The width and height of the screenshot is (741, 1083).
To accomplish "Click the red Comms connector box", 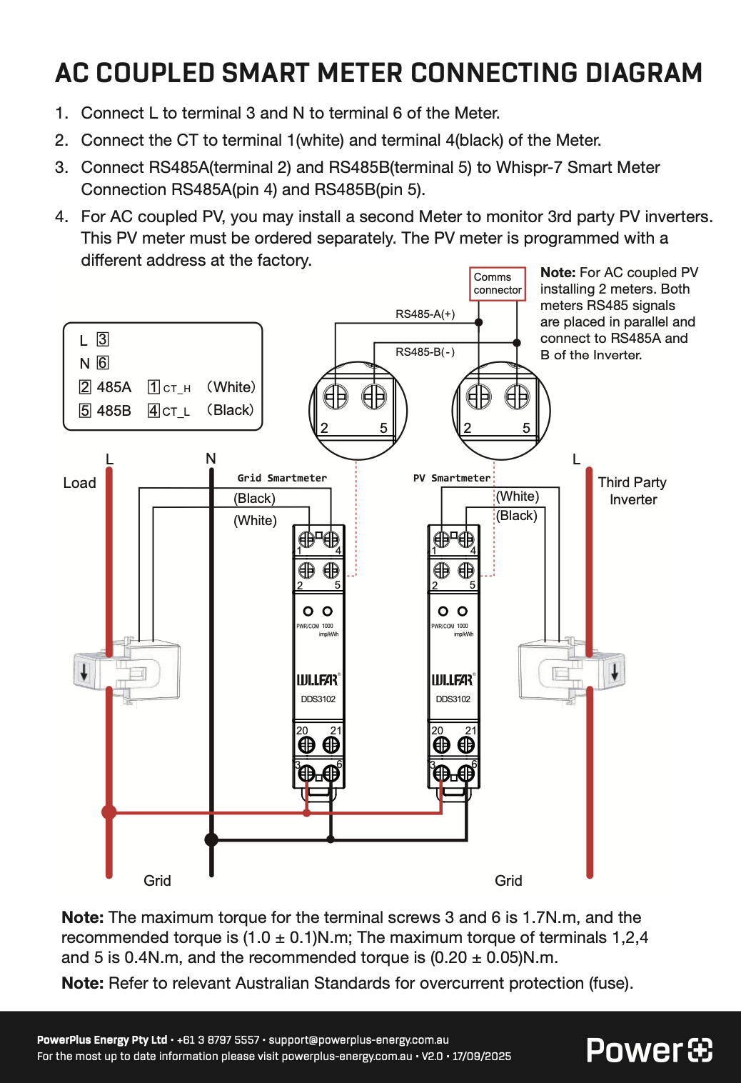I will tap(498, 284).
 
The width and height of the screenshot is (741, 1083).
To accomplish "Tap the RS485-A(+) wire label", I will tap(425, 314).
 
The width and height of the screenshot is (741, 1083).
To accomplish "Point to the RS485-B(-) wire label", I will tap(425, 351).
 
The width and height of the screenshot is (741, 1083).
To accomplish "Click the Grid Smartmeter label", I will tap(282, 478).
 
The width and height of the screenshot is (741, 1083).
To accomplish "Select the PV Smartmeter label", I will tap(452, 478).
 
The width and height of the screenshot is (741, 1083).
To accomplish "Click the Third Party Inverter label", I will tap(632, 491).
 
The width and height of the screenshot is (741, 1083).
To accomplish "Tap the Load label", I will tap(79, 483).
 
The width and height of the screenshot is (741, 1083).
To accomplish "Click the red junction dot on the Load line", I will tap(109, 812).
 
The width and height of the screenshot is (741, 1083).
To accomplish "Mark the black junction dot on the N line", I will tap(211, 839).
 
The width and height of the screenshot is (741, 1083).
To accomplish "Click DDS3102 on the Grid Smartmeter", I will tap(318, 699).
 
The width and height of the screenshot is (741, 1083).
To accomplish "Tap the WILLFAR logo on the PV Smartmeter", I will tap(453, 679).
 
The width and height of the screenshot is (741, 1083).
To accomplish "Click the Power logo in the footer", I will tap(649, 1050).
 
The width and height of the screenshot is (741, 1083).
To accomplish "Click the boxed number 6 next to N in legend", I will tap(103, 363).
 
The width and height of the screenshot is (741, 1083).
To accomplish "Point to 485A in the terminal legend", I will tap(114, 387).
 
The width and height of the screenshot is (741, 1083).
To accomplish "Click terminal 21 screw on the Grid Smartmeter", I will tap(331, 744).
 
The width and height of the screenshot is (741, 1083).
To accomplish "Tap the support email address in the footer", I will tap(358, 1039).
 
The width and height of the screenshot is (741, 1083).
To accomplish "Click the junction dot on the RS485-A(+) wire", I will tap(479, 322).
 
